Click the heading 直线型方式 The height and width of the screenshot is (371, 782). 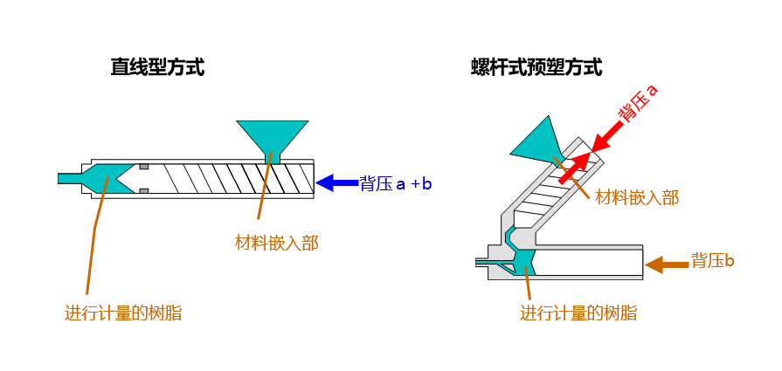(157, 67)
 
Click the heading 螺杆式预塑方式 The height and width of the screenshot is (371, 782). (536, 67)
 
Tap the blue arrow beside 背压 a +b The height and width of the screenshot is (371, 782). (336, 182)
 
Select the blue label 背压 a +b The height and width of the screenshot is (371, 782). (396, 183)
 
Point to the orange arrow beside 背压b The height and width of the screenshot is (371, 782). (667, 262)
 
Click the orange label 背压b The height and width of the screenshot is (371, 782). (712, 261)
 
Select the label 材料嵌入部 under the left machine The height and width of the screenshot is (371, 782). (277, 243)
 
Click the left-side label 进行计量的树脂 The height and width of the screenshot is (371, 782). (123, 313)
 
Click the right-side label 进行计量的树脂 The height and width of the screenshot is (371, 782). (578, 313)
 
